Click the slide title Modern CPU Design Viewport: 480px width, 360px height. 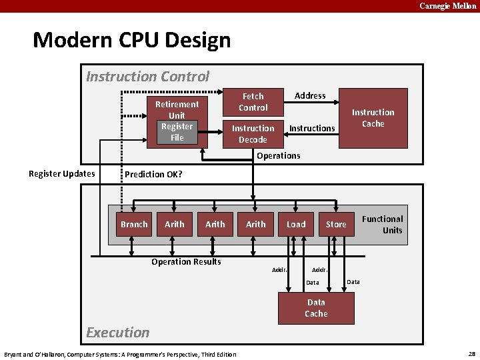pos(131,40)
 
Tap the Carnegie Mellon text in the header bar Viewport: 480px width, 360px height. pos(447,6)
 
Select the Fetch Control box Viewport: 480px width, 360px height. pos(253,102)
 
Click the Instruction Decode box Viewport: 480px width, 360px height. pos(253,134)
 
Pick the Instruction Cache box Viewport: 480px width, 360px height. pos(373,118)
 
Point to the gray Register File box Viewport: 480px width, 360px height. pos(177,132)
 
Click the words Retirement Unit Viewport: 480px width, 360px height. pos(177,109)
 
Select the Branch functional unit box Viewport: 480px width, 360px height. pos(134,225)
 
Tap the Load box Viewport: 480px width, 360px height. pos(296,225)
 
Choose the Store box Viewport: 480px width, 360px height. pos(336,225)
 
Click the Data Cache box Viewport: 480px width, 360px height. pos(316,308)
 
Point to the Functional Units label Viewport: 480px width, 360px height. pos(383,225)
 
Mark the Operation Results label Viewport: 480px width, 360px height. pos(186,261)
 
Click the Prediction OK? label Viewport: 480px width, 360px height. pos(154,174)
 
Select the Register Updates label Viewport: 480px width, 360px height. pos(61,174)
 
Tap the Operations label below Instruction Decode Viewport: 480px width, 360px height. pos(278,156)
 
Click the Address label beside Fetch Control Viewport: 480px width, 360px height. pos(310,96)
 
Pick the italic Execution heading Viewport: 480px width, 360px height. pos(118,332)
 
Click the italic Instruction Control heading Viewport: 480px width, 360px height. pos(148,77)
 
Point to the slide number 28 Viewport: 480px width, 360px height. pos(471,353)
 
